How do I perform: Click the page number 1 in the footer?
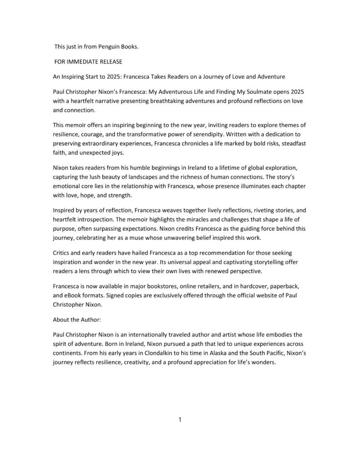coord(180,420)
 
